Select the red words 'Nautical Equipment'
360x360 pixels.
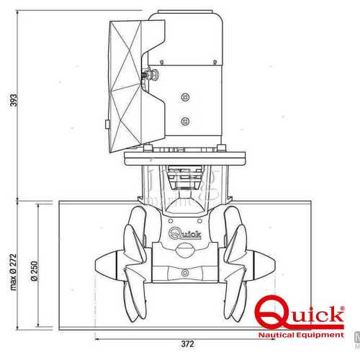pos(301,336)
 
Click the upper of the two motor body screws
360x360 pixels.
pos(185,96)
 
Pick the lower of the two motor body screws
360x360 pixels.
pos(185,120)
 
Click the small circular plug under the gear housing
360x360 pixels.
pos(184,274)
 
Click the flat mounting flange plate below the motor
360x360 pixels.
pos(184,156)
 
